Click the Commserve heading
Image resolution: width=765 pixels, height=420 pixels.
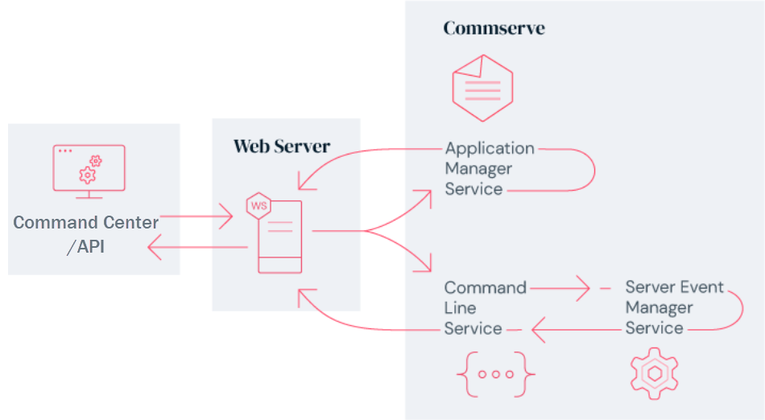[494, 29]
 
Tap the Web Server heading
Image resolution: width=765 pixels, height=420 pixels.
[281, 146]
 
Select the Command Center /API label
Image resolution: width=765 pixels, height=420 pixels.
[86, 234]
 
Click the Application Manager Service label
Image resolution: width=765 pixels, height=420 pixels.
[489, 169]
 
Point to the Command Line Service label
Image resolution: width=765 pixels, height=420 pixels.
[485, 308]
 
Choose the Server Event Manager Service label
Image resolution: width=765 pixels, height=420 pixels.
[674, 308]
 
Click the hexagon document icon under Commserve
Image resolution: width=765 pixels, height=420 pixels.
[482, 88]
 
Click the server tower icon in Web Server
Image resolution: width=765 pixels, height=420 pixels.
[279, 237]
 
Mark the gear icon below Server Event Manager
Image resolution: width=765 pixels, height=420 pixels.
[655, 374]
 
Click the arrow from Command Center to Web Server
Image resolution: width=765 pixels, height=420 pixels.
[196, 216]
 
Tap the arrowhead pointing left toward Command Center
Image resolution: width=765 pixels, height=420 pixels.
[155, 249]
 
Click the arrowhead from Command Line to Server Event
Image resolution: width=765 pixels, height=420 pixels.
[582, 288]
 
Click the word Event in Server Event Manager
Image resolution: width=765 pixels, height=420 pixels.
[701, 287]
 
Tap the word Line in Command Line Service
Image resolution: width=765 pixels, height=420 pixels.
[460, 308]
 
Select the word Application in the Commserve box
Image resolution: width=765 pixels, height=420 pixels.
[490, 148]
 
